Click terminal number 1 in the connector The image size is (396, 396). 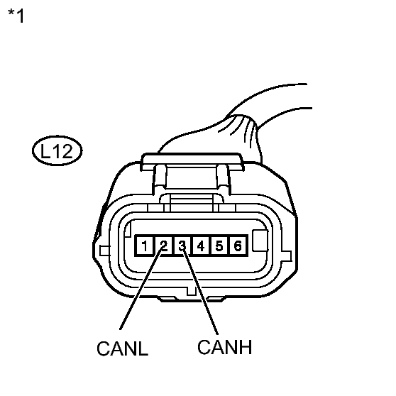coord(144,246)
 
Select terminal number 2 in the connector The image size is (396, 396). coord(164,246)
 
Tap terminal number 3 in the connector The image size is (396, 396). coord(182,246)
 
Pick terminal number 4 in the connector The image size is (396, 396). coord(201,246)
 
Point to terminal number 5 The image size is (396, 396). coord(219,246)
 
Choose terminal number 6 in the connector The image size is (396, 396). coord(238,246)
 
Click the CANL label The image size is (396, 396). coord(122,348)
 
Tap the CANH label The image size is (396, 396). coord(224,347)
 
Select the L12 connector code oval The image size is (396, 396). coord(57,150)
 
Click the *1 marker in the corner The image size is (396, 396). coord(16,16)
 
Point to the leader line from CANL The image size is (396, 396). coord(141,288)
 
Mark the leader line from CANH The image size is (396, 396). coord(200,290)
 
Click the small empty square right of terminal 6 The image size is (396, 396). coord(260,241)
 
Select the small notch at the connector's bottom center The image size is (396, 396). coord(191,291)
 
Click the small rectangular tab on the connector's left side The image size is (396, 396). coord(105,251)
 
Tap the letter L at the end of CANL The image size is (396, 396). coord(143,348)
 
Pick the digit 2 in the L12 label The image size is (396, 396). coord(66,151)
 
